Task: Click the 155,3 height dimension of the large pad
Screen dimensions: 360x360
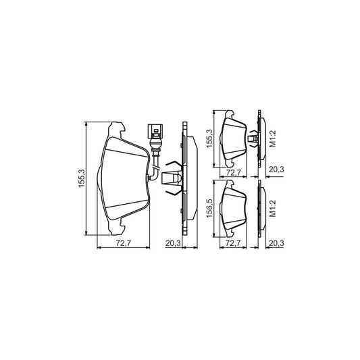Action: tap(82, 178)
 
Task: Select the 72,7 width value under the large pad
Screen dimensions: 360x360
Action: tap(124, 243)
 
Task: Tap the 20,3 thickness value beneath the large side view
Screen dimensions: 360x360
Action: tap(173, 243)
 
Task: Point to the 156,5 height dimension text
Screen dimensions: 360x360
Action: tap(210, 209)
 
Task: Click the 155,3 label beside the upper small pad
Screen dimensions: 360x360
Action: tap(210, 138)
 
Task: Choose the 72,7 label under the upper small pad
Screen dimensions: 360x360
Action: tap(233, 172)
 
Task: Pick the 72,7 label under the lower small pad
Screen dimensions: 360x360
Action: tap(233, 242)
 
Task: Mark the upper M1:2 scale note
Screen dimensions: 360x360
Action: tap(272, 138)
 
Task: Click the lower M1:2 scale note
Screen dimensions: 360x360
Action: tap(272, 209)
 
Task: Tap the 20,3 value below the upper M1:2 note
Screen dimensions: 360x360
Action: tap(276, 170)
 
